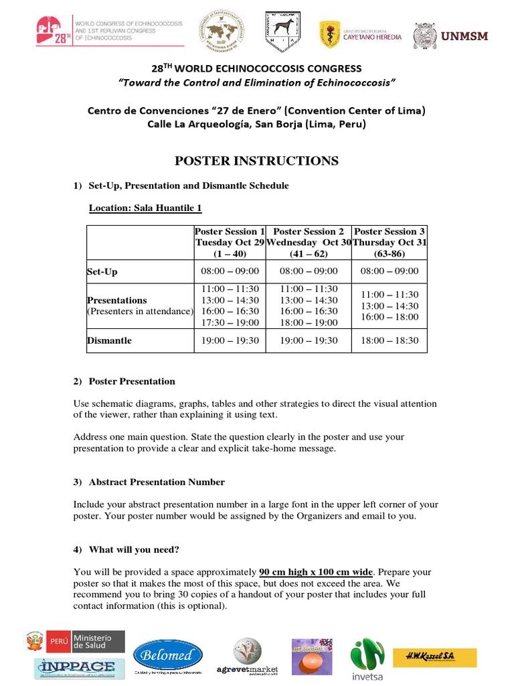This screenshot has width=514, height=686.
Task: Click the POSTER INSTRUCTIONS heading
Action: [x=256, y=161]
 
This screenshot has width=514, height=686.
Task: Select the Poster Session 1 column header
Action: [x=230, y=243]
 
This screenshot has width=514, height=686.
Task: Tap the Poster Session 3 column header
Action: [x=390, y=243]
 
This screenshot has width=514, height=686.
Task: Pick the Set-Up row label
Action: [x=102, y=271]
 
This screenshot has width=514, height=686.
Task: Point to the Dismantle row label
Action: [x=109, y=340]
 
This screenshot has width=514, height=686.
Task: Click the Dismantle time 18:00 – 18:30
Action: [x=389, y=340]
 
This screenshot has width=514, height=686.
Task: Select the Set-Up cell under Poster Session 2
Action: [x=309, y=271]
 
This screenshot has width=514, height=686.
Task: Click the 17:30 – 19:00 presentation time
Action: [x=230, y=323]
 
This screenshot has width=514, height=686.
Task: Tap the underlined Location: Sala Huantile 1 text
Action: [x=145, y=208]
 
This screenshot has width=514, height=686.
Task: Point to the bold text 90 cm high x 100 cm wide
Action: [x=315, y=572]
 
